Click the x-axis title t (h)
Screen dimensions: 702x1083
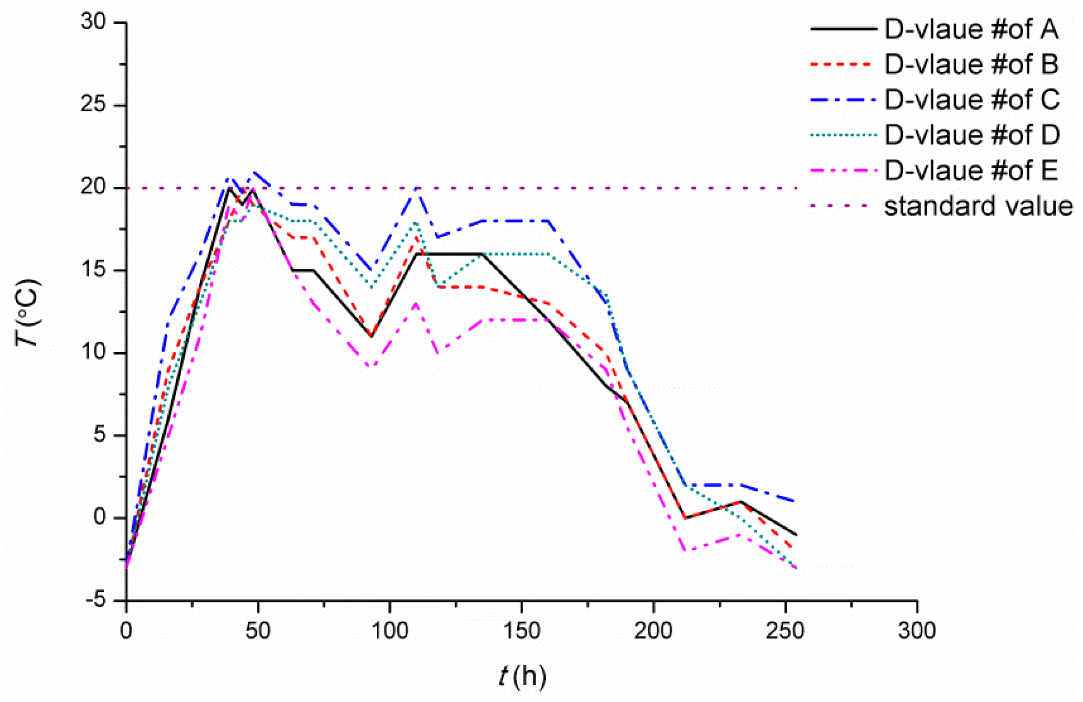522,676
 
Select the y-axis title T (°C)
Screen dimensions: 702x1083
28,313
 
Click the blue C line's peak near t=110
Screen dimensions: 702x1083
417,189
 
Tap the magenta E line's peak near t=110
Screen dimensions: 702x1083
416,304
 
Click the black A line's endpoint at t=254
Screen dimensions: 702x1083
796,535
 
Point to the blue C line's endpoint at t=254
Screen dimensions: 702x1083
796,501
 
